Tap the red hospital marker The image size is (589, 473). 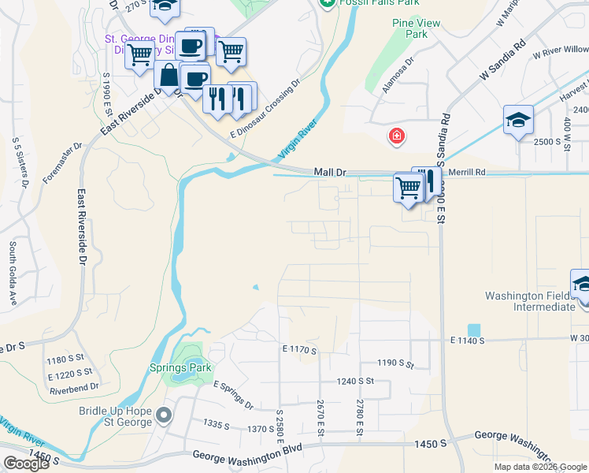397,137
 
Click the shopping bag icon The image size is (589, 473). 169,76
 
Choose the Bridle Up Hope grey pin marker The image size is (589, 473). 163,415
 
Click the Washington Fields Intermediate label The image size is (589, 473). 529,301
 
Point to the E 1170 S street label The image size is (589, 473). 298,349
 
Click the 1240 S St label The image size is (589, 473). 354,381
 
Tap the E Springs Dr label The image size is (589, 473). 233,395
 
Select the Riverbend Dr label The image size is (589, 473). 73,387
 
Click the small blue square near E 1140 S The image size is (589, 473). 473,330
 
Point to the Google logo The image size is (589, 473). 27,464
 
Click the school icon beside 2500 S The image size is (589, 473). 518,121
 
